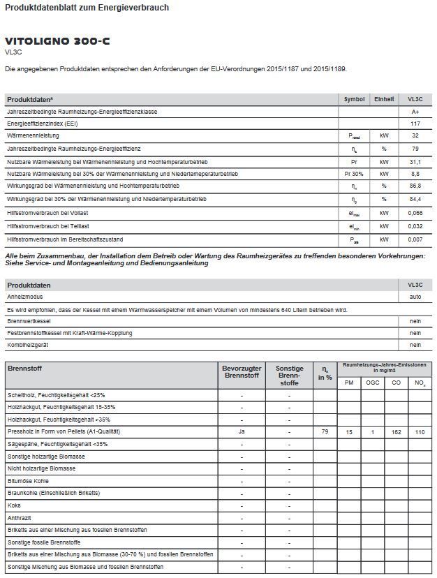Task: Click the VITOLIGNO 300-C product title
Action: (57, 42)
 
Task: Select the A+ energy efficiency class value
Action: (415, 111)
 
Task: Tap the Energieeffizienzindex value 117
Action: (415, 123)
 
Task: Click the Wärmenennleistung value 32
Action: (415, 135)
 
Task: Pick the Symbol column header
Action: (355, 99)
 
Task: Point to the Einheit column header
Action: (384, 99)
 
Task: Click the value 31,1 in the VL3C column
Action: (415, 161)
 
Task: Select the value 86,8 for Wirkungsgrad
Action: (415, 186)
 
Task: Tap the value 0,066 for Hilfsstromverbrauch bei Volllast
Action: (415, 212)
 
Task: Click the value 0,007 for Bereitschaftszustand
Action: (415, 239)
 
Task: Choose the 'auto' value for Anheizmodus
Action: (415, 297)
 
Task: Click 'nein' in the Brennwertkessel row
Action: (415, 321)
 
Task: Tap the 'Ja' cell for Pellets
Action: (242, 432)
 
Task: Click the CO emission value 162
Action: (397, 433)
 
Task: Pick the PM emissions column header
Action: (349, 383)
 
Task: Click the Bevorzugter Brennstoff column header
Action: (242, 371)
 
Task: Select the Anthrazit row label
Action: (20, 517)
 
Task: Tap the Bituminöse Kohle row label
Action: (28, 480)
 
